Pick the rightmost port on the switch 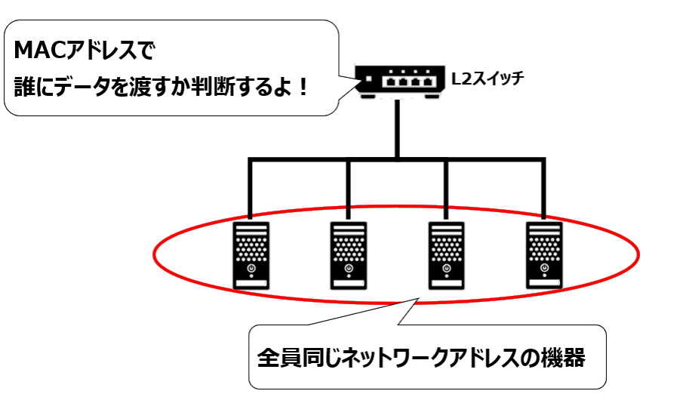click(x=429, y=79)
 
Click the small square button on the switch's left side click(x=368, y=78)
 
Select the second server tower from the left click(x=348, y=254)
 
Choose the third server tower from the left click(x=446, y=254)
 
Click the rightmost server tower click(x=545, y=254)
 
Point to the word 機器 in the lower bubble click(x=567, y=358)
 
